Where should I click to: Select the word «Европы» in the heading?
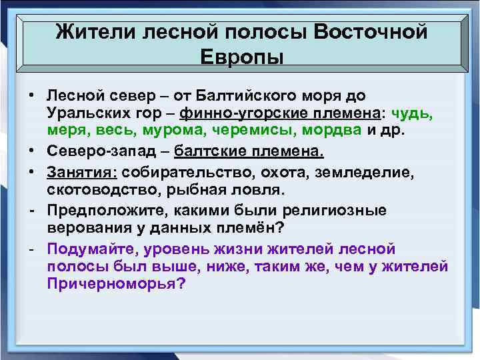(x=241, y=57)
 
